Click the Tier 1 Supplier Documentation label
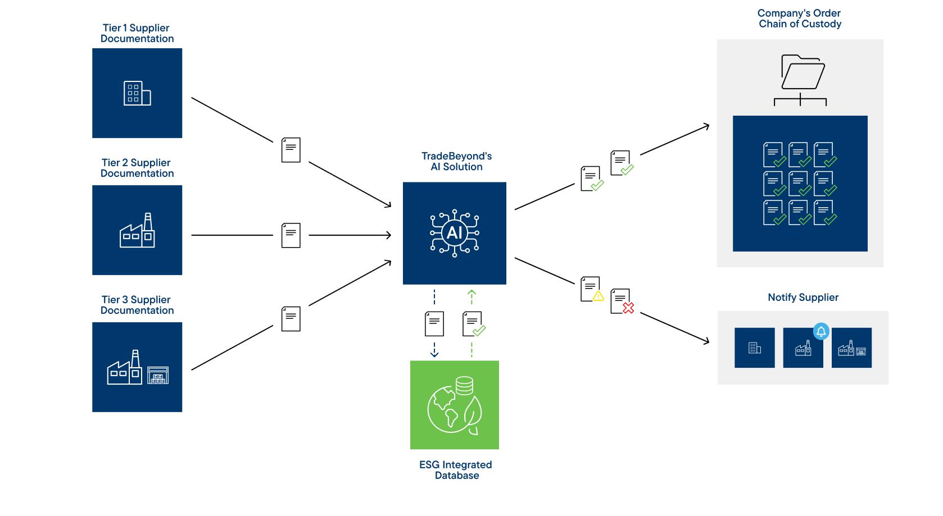point(137,33)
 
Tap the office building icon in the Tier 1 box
point(137,93)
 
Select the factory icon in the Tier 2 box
point(137,231)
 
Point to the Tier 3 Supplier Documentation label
point(137,305)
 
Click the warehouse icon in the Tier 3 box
point(157,375)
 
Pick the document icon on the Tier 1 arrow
point(291,150)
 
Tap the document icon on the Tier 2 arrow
point(291,235)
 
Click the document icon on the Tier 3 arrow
point(291,318)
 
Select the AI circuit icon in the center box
point(454,232)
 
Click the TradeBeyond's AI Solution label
point(456,162)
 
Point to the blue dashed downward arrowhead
point(434,353)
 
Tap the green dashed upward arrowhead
point(471,293)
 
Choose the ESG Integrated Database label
point(456,470)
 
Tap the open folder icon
point(803,72)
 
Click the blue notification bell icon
point(821,331)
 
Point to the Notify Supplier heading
point(803,298)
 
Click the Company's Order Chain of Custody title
point(799,19)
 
